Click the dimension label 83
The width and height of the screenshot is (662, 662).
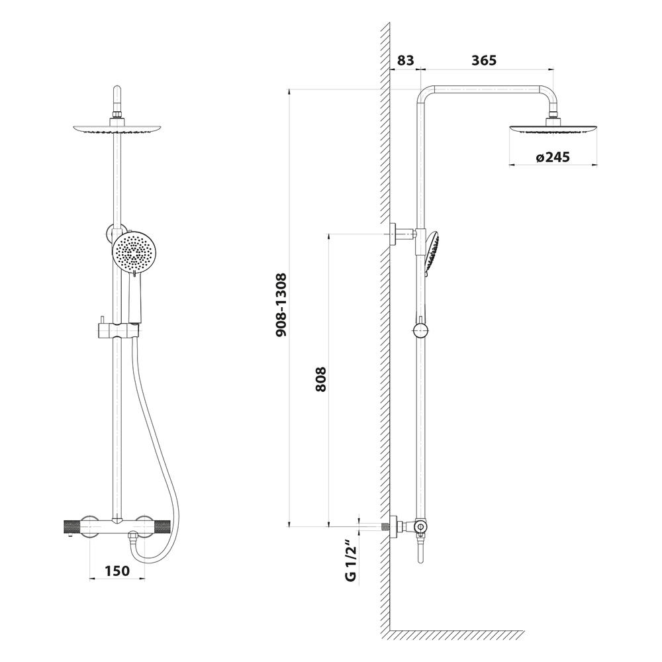[x=406, y=60]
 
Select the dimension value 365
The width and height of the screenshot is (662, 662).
[x=484, y=60]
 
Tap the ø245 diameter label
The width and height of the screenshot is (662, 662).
[x=553, y=157]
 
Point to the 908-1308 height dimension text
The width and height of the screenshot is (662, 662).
[x=281, y=305]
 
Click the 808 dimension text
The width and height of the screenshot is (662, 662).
[x=321, y=379]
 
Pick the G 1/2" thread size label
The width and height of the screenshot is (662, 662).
[x=352, y=560]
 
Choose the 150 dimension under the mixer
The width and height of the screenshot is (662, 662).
[x=117, y=571]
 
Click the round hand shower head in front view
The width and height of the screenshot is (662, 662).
[x=134, y=252]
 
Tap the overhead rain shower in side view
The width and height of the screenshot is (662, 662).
[x=553, y=128]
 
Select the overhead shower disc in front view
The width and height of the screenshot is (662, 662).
[x=117, y=129]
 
